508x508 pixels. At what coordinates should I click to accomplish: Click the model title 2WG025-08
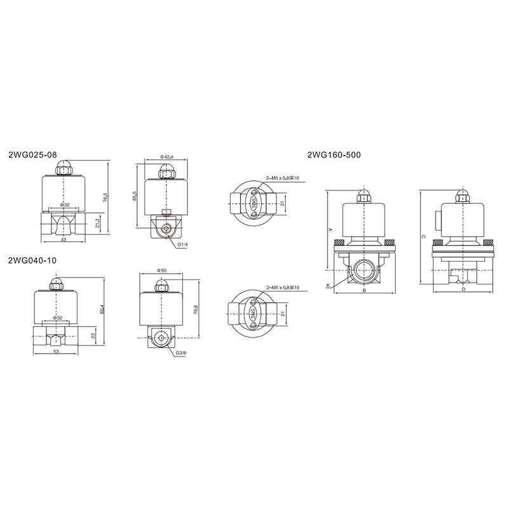tap(32, 155)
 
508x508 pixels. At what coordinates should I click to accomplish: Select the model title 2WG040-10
tap(32, 260)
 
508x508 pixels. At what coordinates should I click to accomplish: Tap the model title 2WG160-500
tap(334, 155)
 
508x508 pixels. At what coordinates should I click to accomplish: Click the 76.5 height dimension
tap(105, 197)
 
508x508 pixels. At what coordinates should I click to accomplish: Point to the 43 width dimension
tap(63, 239)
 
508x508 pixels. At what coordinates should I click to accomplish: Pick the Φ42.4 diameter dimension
tap(167, 157)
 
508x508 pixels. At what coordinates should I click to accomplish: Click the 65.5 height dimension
tap(135, 196)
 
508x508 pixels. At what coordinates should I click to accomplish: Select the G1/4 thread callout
tap(182, 244)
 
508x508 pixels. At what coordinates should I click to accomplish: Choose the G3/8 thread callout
tap(181, 353)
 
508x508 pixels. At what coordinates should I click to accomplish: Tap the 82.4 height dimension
tap(102, 309)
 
